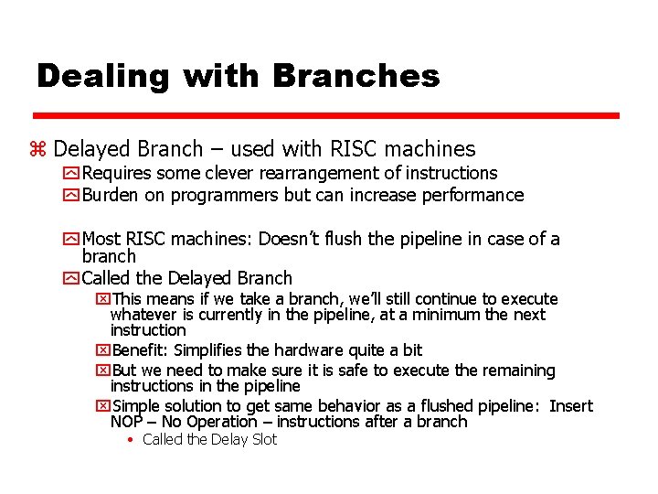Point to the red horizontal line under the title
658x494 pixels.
pyautogui.click(x=326, y=116)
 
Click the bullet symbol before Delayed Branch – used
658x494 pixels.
pyautogui.click(x=38, y=149)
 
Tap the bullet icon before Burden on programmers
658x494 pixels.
pyautogui.click(x=71, y=195)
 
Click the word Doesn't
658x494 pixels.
pyautogui.click(x=289, y=240)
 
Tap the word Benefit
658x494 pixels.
pyautogui.click(x=140, y=350)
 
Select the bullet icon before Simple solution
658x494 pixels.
pyautogui.click(x=102, y=406)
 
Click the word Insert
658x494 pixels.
pyautogui.click(x=571, y=406)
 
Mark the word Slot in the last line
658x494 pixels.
pyautogui.click(x=262, y=440)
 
